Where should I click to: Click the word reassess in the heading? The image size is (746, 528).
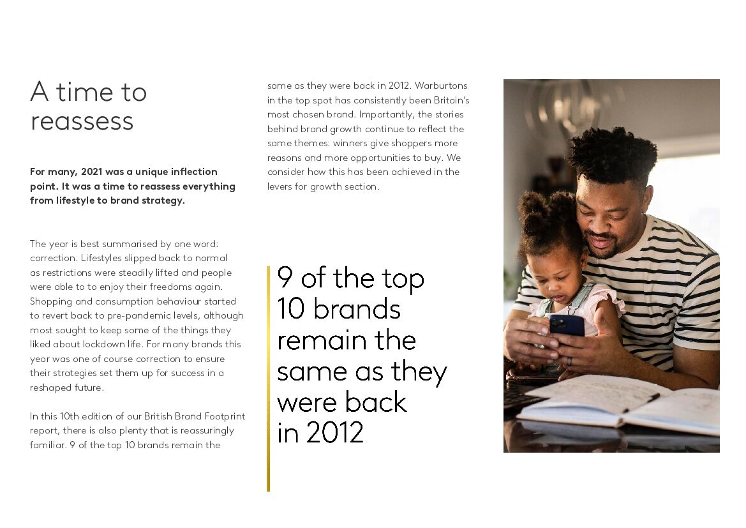pyautogui.click(x=82, y=121)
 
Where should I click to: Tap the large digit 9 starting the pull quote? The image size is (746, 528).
pyautogui.click(x=285, y=278)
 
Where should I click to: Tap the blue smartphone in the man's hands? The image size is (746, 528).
pyautogui.click(x=567, y=326)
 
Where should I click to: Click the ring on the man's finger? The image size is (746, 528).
pyautogui.click(x=570, y=361)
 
